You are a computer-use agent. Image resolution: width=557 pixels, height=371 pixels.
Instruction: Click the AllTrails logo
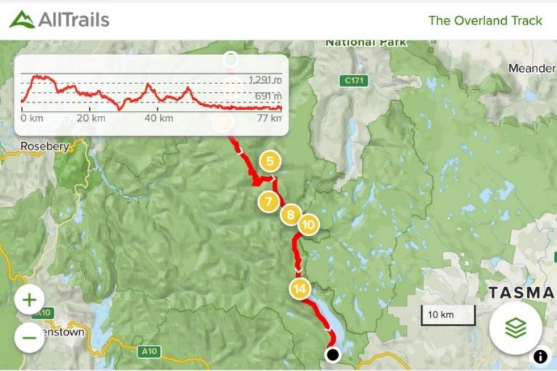click(x=59, y=20)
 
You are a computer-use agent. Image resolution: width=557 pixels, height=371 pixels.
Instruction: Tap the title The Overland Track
click(x=485, y=20)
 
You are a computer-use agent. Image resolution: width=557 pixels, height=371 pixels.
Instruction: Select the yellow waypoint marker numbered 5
click(x=270, y=162)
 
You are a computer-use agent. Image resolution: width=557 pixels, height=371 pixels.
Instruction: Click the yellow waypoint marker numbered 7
click(x=268, y=201)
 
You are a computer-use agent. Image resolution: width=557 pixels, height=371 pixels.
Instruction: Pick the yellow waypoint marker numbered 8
click(x=290, y=214)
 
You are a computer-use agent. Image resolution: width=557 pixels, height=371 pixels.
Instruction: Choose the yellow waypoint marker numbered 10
click(x=308, y=225)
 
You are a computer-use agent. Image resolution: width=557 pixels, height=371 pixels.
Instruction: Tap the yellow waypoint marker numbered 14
click(x=299, y=288)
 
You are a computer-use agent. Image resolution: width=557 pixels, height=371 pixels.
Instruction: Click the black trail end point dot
click(x=332, y=354)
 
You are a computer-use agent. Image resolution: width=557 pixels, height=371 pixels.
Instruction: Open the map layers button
click(x=515, y=328)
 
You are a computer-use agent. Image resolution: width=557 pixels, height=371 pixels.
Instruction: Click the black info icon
click(x=541, y=356)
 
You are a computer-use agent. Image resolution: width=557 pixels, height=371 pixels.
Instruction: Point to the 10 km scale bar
click(x=448, y=315)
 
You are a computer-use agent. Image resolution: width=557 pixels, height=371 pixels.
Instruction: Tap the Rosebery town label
click(x=44, y=146)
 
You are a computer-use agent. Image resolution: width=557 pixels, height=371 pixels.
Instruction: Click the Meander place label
click(x=532, y=68)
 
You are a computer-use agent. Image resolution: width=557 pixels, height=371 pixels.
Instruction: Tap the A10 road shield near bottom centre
click(x=148, y=351)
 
